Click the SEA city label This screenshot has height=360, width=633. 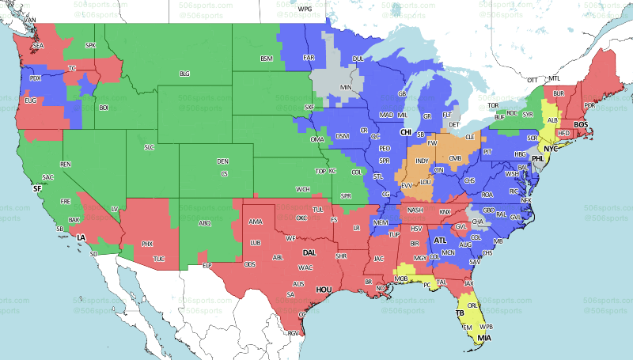pos(38,46)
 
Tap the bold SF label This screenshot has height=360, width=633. pos(36,189)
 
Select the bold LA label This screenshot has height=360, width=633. pos(80,237)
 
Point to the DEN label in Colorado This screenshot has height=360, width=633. pos(223,162)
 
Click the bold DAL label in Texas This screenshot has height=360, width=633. pos(310,253)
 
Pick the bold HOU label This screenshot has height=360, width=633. pos(323,290)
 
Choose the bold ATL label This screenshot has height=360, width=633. pos(441,239)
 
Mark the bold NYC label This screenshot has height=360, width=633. pos(551,149)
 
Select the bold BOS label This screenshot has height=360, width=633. pos(582,124)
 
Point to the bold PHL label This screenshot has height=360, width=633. pos(538,158)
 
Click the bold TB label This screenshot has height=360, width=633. pos(460,313)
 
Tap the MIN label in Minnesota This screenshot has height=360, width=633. pos(346,86)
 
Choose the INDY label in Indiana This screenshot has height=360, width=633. pos(422,160)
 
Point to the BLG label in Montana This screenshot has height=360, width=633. pos(184,74)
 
